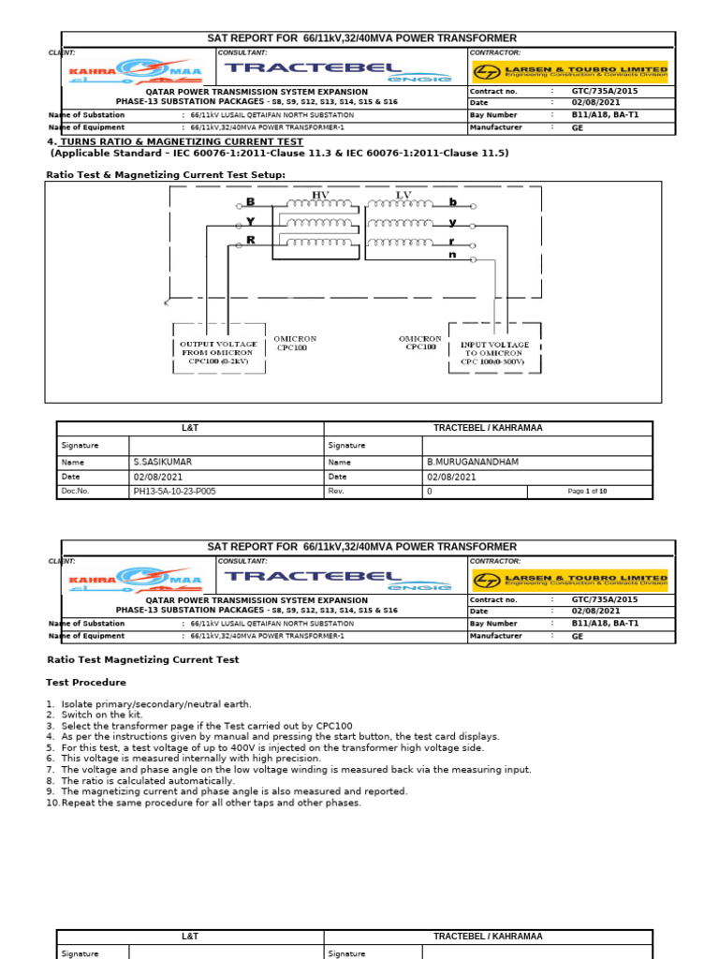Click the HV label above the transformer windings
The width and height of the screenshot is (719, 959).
[x=320, y=194]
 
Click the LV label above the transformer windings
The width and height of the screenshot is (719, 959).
[x=404, y=194]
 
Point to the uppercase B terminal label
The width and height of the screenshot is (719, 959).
[x=250, y=202]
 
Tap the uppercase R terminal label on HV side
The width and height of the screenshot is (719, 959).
[x=250, y=241]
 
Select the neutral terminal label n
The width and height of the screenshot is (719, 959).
[x=452, y=255]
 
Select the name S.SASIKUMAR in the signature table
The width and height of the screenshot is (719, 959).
[x=162, y=462]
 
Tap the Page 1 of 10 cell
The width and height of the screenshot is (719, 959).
[x=588, y=491]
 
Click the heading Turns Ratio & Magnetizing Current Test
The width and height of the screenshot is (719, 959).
[x=182, y=141]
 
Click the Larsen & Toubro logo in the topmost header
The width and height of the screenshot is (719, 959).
[x=570, y=71]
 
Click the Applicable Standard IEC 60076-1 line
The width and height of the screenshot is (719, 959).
[x=279, y=153]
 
